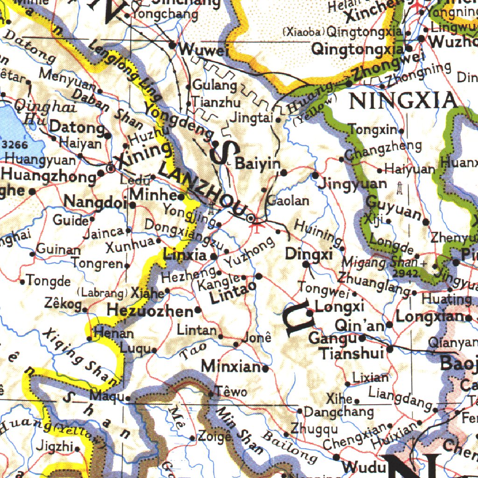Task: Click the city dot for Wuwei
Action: [x=172, y=45]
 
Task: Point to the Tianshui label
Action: [x=352, y=353]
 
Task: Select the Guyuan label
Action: [x=393, y=209]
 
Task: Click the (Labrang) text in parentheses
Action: [x=102, y=293]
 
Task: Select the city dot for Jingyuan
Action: [x=316, y=176]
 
